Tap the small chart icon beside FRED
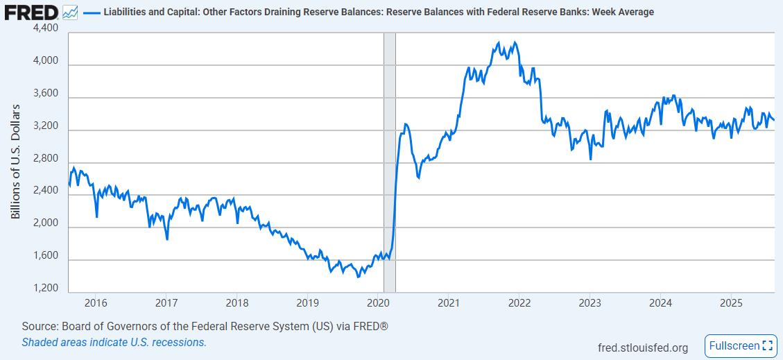point(69,12)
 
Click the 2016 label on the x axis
point(95,303)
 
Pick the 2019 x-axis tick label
point(307,303)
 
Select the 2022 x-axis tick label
point(519,303)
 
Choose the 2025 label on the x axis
point(732,303)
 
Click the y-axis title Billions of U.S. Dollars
point(15,162)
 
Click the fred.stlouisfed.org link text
point(642,348)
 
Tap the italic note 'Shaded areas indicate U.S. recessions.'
point(114,342)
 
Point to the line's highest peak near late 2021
point(513,42)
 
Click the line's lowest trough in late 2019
point(358,277)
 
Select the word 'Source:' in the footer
point(40,326)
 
